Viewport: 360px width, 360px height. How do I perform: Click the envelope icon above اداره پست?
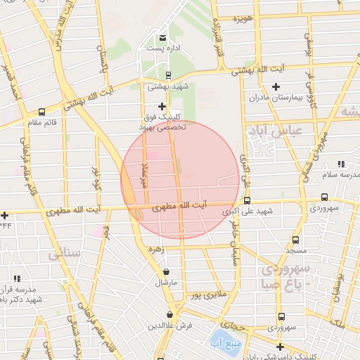[x=163, y=37]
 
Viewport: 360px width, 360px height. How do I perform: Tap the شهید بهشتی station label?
[x=163, y=86]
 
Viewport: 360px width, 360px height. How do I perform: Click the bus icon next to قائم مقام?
[x=42, y=111]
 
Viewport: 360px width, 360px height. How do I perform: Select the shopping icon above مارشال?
[x=166, y=271]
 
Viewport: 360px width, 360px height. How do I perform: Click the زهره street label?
[x=156, y=249]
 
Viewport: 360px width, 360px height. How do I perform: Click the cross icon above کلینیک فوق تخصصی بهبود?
[x=162, y=105]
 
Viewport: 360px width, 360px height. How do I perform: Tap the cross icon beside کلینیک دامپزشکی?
[x=280, y=347]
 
